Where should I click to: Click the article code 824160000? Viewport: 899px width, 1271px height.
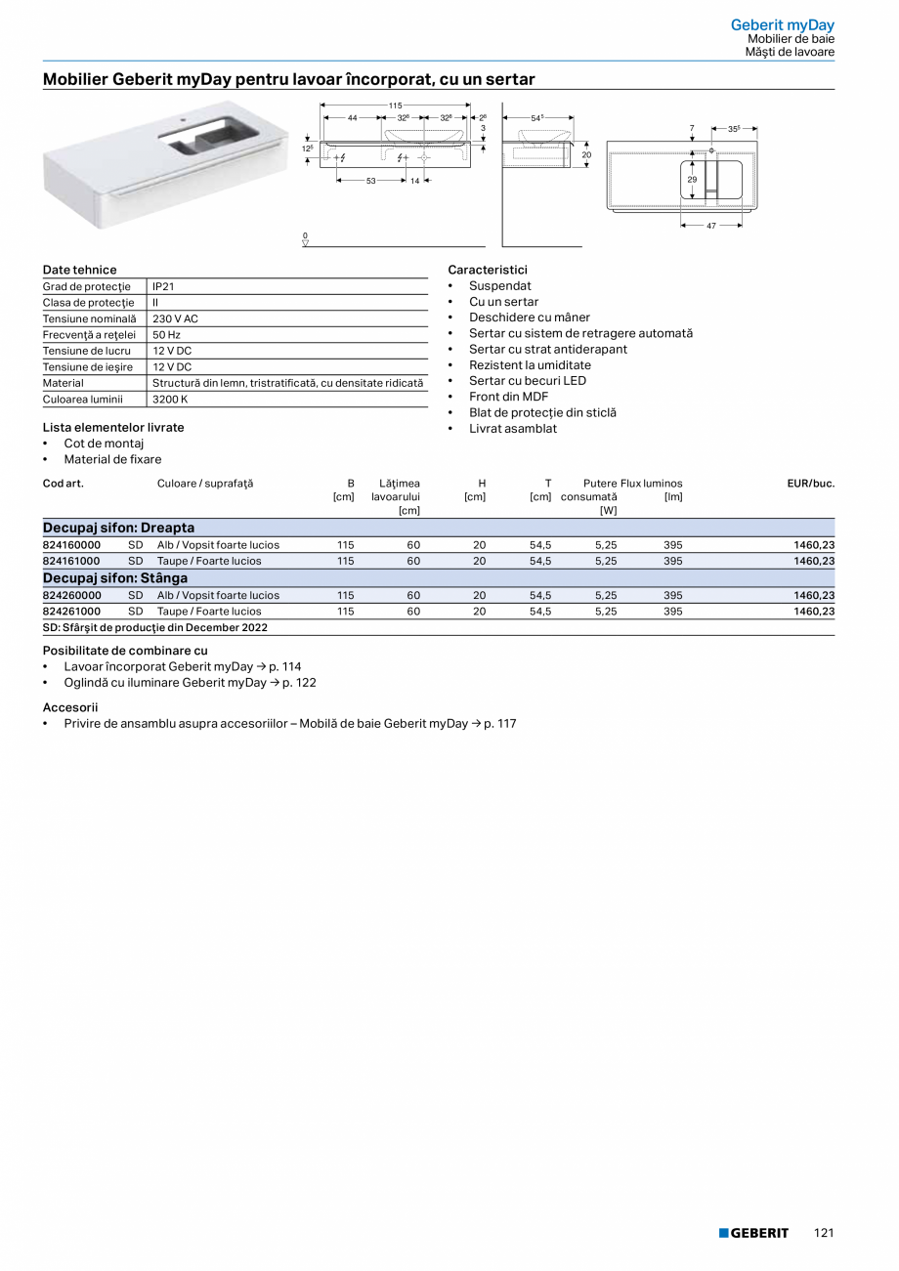71,545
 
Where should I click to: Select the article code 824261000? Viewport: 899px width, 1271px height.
71,612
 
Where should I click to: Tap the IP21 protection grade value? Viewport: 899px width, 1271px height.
163,287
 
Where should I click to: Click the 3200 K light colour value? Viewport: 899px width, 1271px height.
170,400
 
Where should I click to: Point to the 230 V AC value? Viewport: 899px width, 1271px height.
175,319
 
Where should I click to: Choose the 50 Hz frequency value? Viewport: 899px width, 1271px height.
167,335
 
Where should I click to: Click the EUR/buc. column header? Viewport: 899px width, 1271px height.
810,484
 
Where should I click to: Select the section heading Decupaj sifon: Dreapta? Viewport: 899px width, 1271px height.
118,528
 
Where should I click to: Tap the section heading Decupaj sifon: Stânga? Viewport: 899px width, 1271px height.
115,578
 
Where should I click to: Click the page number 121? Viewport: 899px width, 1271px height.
824,1233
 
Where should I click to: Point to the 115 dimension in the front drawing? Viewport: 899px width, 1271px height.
395,105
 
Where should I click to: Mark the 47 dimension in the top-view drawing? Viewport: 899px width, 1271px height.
711,226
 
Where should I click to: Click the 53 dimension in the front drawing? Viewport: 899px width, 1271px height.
371,181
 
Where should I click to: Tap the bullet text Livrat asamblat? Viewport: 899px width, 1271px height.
513,429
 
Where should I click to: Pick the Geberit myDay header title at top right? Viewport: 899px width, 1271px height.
782,24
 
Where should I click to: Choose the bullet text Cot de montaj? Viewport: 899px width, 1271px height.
104,444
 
